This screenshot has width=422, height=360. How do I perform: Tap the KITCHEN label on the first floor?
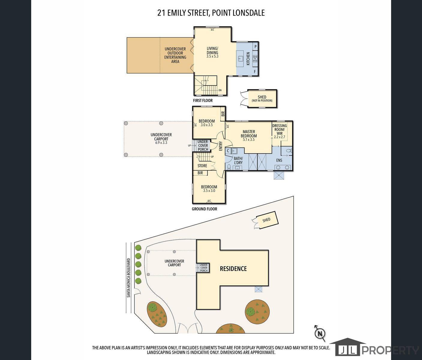point(248,58)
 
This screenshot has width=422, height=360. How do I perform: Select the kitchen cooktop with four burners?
point(255,58)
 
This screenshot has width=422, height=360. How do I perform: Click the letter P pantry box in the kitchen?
point(255,46)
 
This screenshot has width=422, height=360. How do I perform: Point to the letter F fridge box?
point(255,72)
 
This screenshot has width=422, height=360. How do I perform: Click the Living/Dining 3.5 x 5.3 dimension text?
point(212,56)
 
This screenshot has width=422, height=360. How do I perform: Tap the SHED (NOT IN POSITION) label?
point(262,99)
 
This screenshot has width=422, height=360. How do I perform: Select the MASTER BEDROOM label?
point(249,134)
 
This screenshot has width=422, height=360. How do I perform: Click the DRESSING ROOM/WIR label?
point(280,130)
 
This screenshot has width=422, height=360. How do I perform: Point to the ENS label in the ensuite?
point(279,160)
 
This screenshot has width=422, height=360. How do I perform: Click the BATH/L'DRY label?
point(238,160)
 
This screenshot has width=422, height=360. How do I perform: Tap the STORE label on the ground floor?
point(202,166)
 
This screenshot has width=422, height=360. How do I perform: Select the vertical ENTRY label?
point(221,146)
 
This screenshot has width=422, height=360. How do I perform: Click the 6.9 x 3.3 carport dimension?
point(161,143)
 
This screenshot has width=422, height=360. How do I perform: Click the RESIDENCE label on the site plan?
point(233,269)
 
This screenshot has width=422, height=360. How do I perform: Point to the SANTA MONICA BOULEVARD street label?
point(129,278)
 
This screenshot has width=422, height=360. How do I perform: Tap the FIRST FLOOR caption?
point(203,100)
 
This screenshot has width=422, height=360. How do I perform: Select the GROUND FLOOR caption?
point(204,209)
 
